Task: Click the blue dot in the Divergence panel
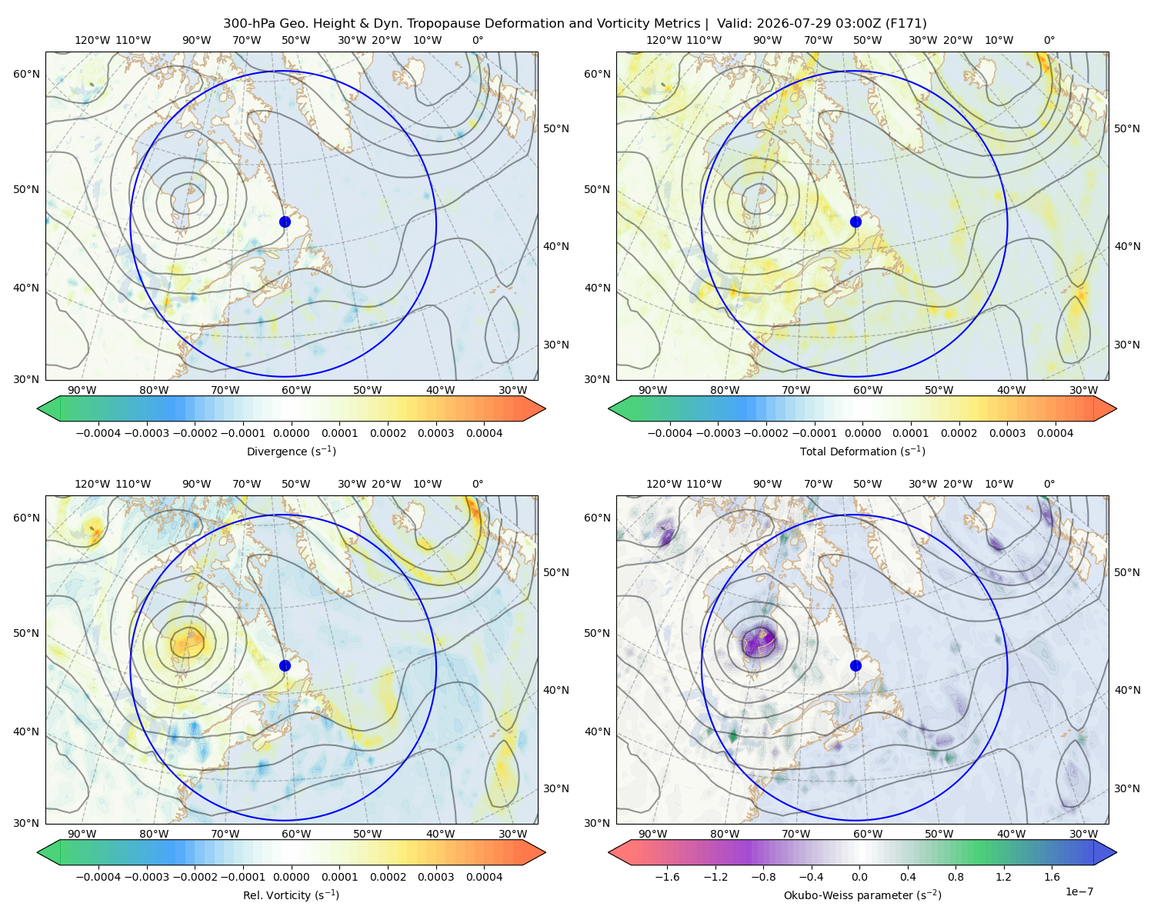(x=285, y=222)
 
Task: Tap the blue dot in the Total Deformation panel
(x=855, y=222)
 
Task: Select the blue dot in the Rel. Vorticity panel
(x=285, y=665)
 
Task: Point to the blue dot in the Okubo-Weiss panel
(x=855, y=665)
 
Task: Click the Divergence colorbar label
(x=291, y=451)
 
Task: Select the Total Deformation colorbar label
(x=862, y=451)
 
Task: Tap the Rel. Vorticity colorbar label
(x=291, y=895)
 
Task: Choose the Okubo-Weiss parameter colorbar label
(x=862, y=895)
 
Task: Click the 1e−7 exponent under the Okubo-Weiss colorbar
(x=1079, y=891)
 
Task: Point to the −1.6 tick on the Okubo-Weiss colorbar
(x=667, y=877)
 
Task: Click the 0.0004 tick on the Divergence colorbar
(x=484, y=433)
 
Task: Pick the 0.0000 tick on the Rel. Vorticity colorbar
(x=291, y=877)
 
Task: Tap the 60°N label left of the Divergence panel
(x=26, y=74)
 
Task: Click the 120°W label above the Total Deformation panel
(x=663, y=40)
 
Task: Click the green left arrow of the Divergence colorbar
(x=48, y=408)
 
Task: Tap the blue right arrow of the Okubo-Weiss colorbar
(x=1105, y=852)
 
